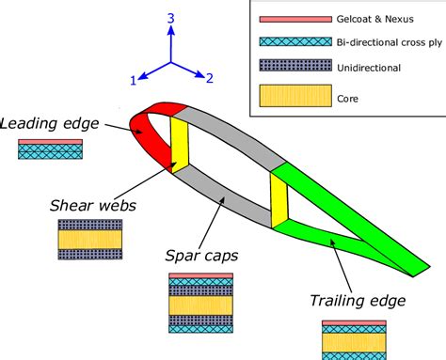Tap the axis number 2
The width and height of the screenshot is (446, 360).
[211, 79]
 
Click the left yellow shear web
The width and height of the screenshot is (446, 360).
[178, 141]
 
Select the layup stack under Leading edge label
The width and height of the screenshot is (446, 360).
[51, 149]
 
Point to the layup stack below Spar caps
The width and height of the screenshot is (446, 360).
[199, 305]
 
